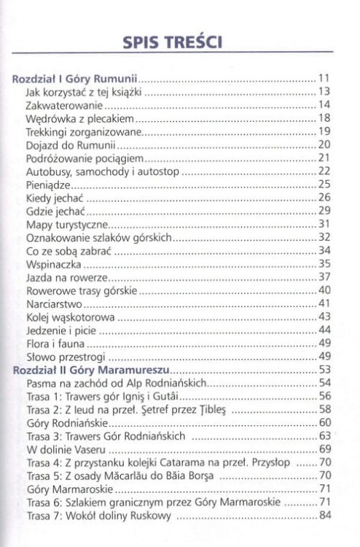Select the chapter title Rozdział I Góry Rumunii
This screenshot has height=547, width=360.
pyautogui.click(x=77, y=78)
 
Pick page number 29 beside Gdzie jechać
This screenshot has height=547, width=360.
pyautogui.click(x=325, y=211)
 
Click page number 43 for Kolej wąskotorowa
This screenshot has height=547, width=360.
pyautogui.click(x=325, y=317)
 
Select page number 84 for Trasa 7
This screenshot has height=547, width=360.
pyautogui.click(x=325, y=516)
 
